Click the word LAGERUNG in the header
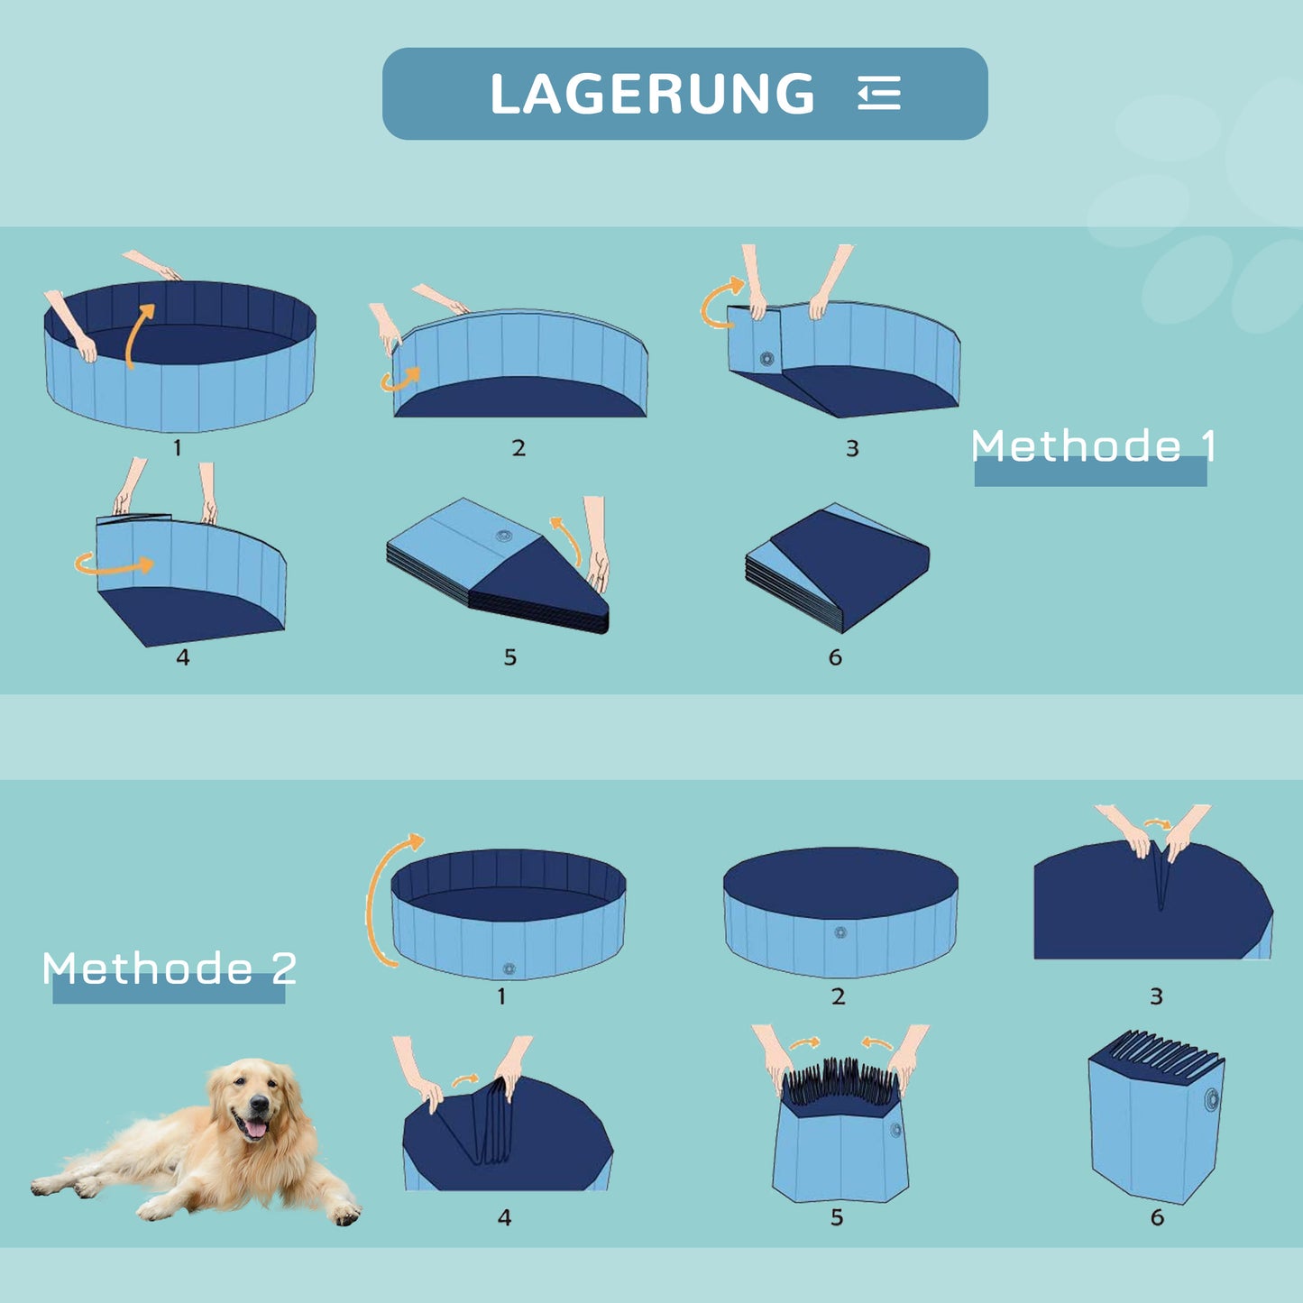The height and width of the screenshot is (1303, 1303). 652,94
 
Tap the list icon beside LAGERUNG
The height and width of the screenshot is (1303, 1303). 879,94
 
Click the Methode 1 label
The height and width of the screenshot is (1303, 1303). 1093,446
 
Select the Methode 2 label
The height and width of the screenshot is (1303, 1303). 170,968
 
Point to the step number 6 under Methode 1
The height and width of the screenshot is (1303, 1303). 835,657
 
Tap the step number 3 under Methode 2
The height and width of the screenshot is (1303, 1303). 1156,996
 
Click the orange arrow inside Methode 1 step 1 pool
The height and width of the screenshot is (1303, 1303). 138,335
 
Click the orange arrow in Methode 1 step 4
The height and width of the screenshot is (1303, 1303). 115,565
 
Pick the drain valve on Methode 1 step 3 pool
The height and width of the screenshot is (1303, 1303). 767,358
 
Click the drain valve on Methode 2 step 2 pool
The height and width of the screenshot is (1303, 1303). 840,932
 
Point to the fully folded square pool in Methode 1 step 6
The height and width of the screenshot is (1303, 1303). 837,568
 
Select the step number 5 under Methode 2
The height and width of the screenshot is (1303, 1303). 837,1217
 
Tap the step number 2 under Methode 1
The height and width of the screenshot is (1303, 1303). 518,448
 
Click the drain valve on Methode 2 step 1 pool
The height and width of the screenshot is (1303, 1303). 509,969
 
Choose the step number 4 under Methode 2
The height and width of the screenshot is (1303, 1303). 504,1217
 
